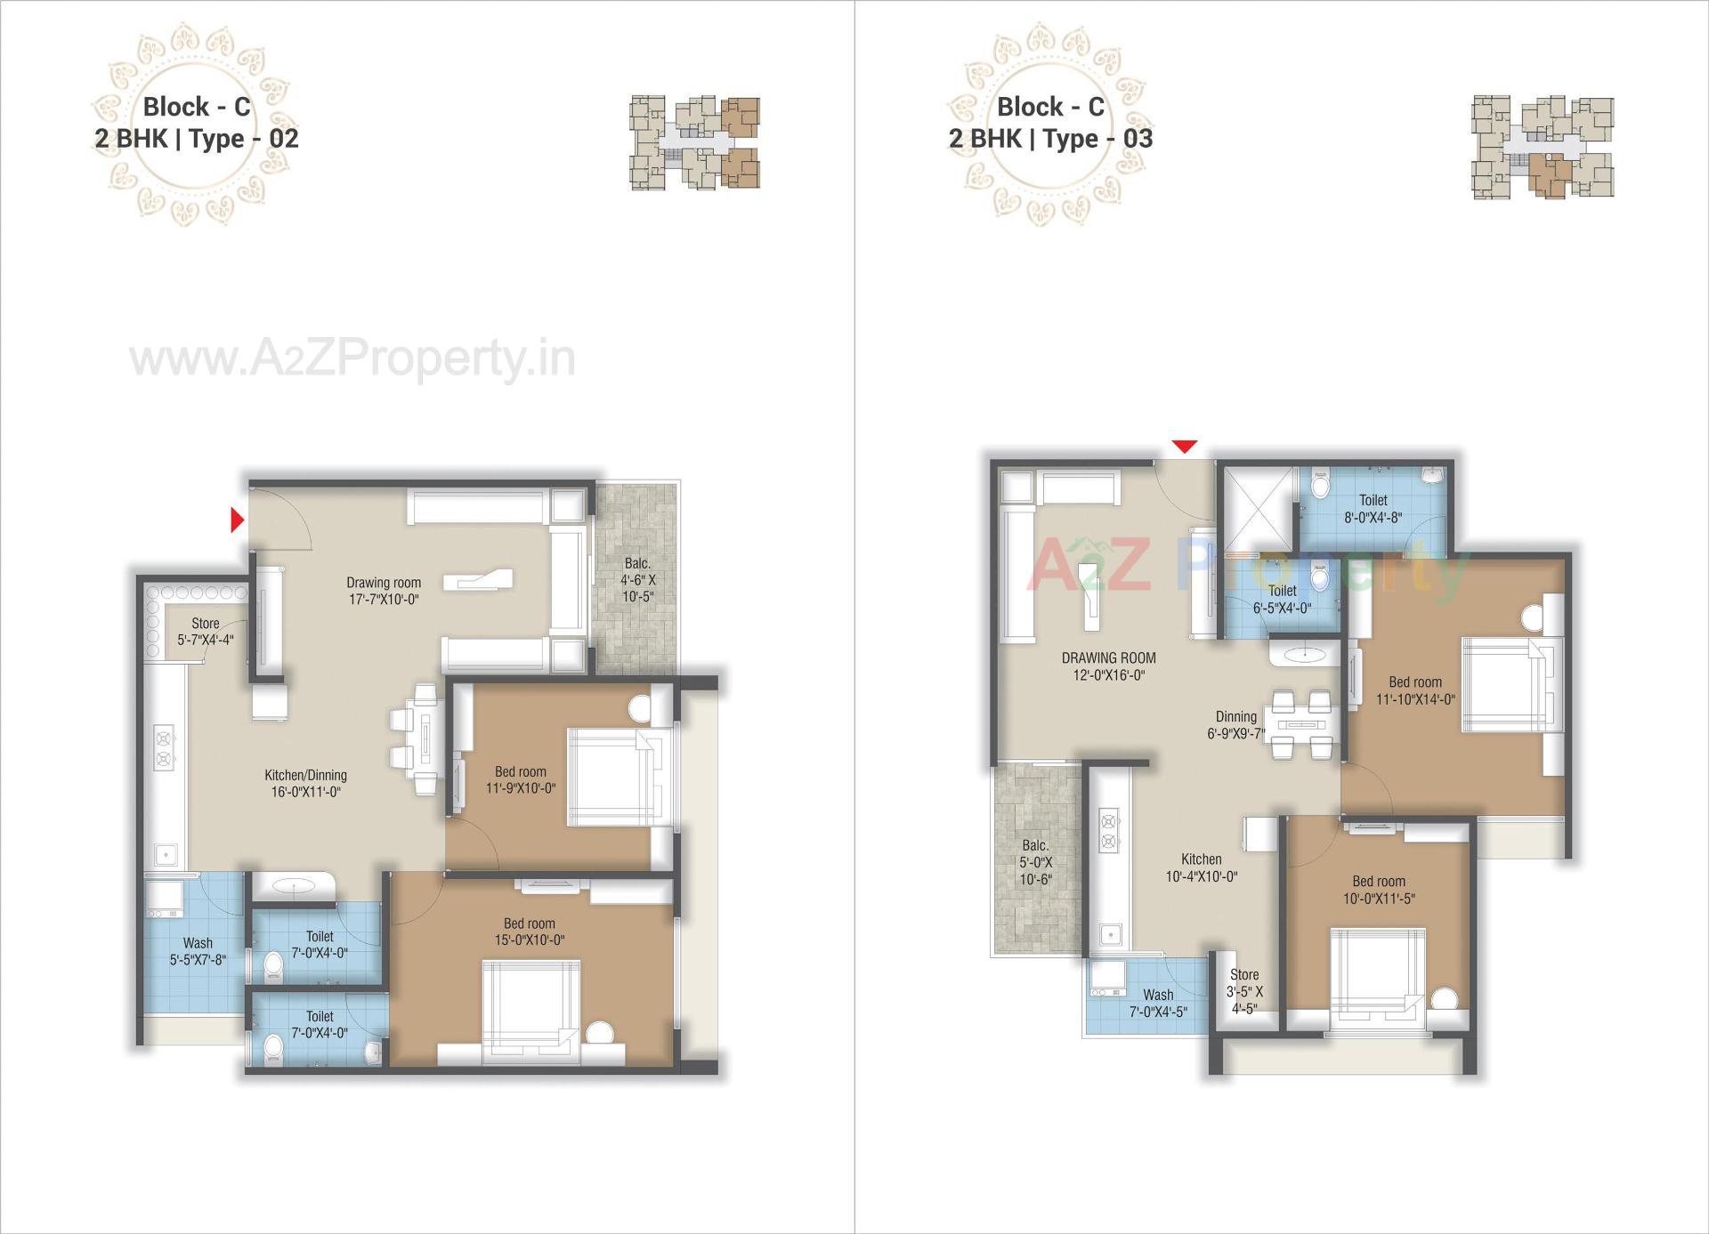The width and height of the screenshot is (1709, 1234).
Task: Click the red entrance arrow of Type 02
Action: tap(237, 520)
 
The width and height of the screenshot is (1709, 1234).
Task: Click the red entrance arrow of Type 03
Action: tap(1184, 447)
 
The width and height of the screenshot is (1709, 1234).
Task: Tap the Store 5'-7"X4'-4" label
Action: tap(205, 632)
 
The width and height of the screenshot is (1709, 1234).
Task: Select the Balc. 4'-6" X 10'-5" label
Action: tap(637, 579)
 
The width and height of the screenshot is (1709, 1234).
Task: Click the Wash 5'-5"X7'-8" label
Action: tap(198, 951)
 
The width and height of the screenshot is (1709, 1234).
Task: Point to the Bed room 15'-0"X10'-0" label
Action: tap(529, 932)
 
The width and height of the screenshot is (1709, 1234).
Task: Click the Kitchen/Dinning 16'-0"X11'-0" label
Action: tap(305, 783)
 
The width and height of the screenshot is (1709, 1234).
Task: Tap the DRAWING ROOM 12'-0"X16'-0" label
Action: tap(1108, 665)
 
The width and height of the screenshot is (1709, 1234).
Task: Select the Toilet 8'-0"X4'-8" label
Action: tap(1373, 508)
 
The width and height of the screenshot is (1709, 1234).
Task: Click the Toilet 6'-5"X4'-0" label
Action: tap(1282, 600)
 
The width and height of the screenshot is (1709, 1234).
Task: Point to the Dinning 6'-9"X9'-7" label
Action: tap(1235, 725)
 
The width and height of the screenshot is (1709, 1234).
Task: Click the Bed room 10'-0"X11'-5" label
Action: tap(1378, 890)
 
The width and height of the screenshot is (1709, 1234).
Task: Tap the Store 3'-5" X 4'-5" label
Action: tap(1244, 991)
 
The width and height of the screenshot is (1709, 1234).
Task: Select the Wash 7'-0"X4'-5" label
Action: tap(1157, 1003)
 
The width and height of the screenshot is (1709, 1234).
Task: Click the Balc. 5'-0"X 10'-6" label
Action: tap(1035, 861)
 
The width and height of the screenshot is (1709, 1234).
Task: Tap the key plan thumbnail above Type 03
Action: tap(1542, 147)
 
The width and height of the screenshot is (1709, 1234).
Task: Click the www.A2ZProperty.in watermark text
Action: tap(352, 359)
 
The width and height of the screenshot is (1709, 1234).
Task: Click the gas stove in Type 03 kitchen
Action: tap(1108, 829)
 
